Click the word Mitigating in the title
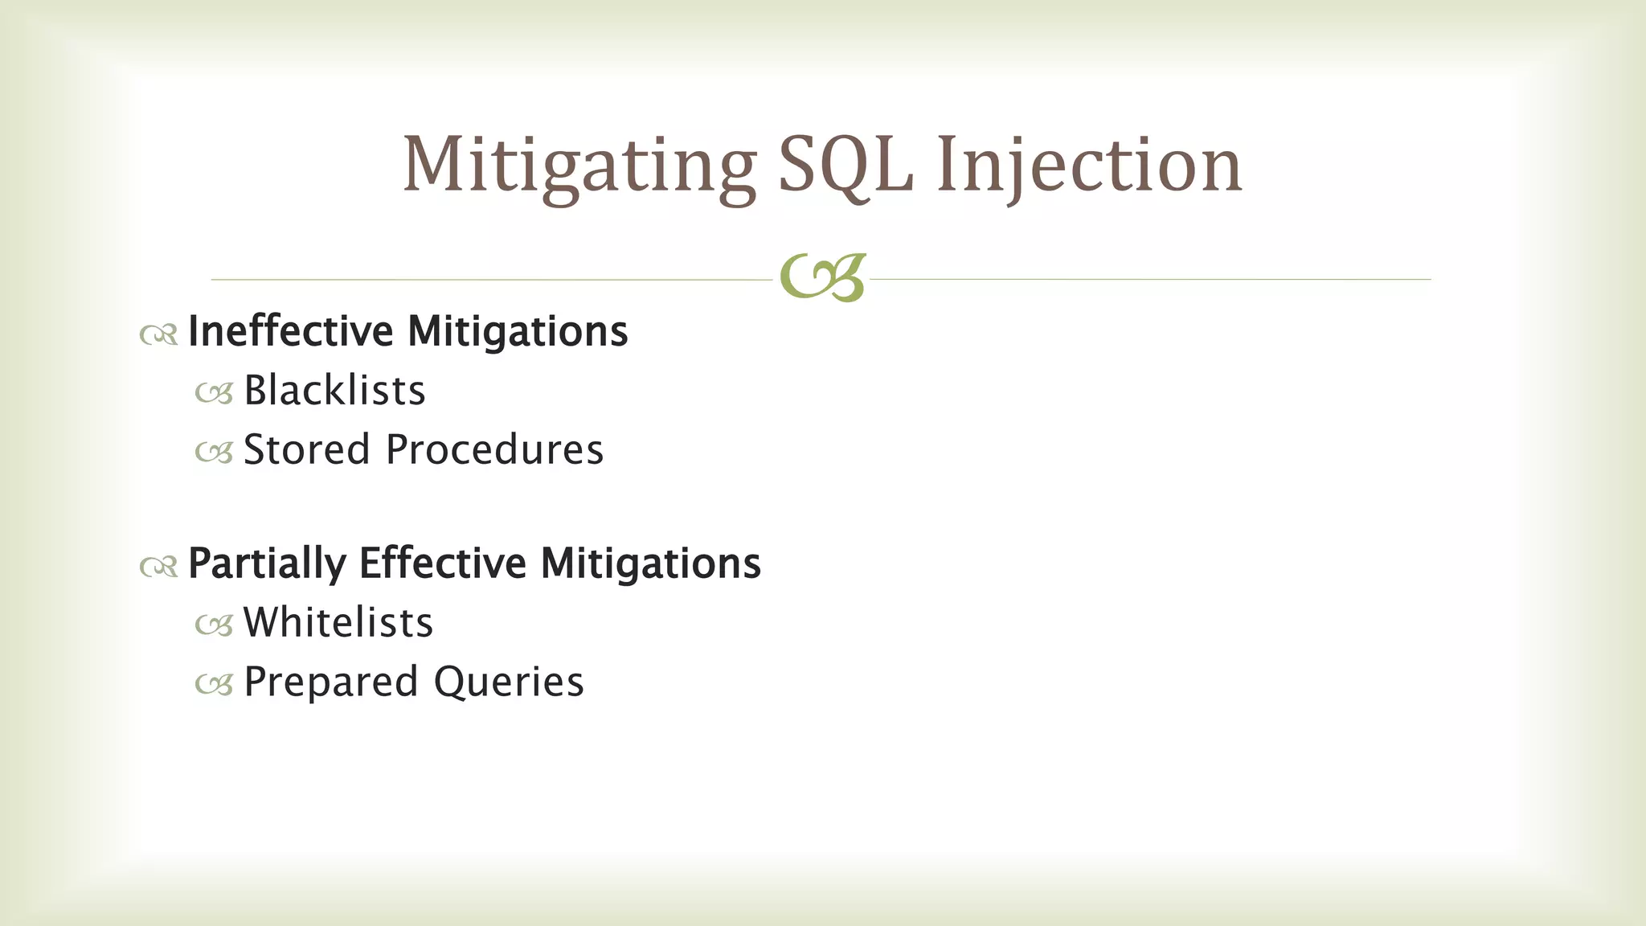click(579, 165)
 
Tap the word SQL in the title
click(846, 165)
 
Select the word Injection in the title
click(1089, 165)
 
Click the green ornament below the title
click(822, 278)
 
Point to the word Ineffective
click(291, 331)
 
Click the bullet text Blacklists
click(334, 391)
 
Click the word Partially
click(267, 563)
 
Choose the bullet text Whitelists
click(338, 623)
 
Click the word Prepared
click(331, 682)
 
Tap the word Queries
click(509, 682)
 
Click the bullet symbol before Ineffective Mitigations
click(158, 334)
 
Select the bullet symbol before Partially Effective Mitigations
click(158, 567)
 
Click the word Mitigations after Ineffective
click(518, 331)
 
